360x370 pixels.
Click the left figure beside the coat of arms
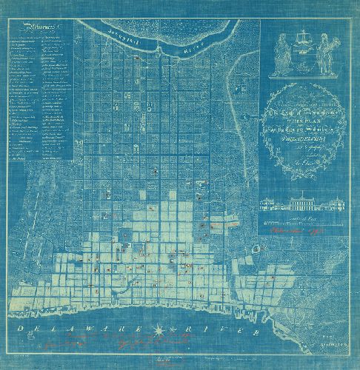click(x=281, y=55)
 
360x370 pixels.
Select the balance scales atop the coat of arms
click(x=304, y=38)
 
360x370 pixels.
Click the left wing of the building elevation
click(x=268, y=204)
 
